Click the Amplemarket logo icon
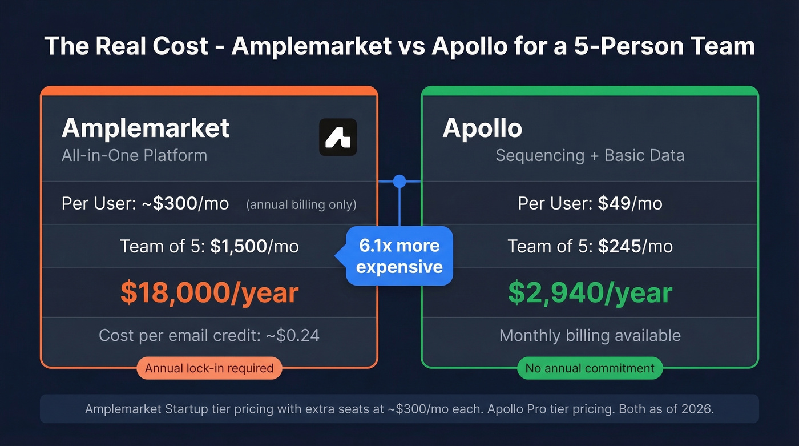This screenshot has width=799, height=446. click(x=338, y=137)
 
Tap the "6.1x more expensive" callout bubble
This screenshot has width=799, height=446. click(x=399, y=256)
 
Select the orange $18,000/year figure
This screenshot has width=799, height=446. click(x=209, y=292)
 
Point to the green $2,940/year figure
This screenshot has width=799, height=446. click(x=590, y=292)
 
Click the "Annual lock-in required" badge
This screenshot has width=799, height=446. click(x=209, y=368)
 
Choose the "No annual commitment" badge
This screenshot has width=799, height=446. click(x=590, y=368)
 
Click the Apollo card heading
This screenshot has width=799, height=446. click(x=482, y=128)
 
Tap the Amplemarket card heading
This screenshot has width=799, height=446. click(x=146, y=128)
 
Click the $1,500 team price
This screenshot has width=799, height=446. click(x=239, y=246)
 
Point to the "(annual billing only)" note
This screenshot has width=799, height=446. click(x=301, y=204)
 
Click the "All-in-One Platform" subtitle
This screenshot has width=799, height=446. click(x=134, y=155)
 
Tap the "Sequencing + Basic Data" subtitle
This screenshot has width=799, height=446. click(x=590, y=155)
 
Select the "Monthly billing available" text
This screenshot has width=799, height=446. click(x=590, y=335)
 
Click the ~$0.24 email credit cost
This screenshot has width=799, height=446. click(x=293, y=335)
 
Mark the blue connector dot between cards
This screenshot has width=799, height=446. click(x=399, y=182)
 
